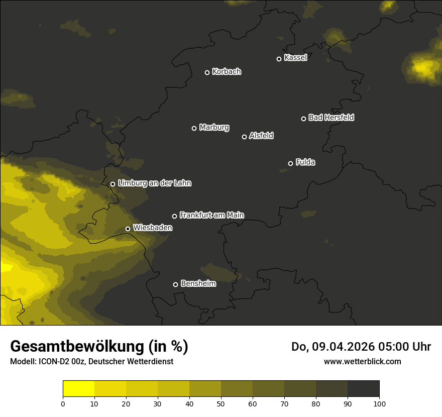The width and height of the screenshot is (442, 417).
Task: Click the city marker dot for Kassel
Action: click(279, 59)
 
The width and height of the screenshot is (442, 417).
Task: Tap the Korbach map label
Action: click(227, 72)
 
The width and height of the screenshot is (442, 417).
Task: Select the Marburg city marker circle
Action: click(194, 128)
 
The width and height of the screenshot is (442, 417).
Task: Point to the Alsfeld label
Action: click(261, 136)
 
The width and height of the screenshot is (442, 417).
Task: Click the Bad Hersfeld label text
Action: click(331, 118)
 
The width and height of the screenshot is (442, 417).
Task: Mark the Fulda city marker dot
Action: click(290, 163)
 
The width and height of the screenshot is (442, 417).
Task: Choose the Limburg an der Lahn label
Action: click(154, 183)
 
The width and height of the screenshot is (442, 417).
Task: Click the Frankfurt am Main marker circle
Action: click(174, 216)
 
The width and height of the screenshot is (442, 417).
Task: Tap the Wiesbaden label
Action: click(152, 228)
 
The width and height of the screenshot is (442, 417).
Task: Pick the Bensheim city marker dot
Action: click(175, 284)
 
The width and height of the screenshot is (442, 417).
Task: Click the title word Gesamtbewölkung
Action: click(78, 347)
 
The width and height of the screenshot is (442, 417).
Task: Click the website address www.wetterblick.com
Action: click(362, 361)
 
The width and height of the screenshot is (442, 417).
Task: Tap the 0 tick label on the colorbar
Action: click(63, 403)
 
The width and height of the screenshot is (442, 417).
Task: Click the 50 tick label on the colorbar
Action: click(221, 403)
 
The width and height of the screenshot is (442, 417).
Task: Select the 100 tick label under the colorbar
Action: click(379, 403)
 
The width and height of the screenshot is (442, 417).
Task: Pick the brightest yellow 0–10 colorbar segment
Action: click(79, 388)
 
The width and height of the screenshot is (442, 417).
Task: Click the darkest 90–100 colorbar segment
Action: click(363, 388)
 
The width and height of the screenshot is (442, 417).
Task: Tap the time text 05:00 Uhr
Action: click(405, 347)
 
